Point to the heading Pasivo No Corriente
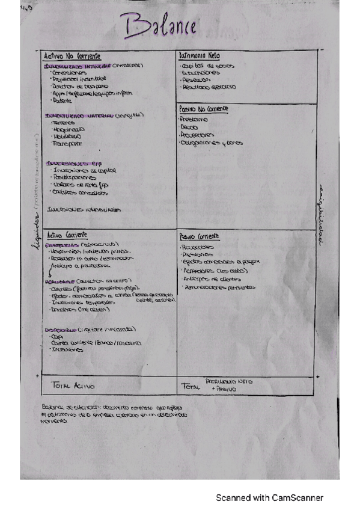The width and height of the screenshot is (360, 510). [204, 109]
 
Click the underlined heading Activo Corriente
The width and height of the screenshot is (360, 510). [67, 235]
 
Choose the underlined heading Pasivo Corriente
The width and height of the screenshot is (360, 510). [200, 236]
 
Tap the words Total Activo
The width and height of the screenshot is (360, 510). [74, 386]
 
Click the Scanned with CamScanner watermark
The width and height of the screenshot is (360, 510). [270, 497]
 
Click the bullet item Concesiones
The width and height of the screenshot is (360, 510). [70, 73]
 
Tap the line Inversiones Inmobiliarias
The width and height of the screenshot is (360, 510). [84, 210]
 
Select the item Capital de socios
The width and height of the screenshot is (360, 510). [208, 66]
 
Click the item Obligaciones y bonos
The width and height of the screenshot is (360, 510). [211, 143]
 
